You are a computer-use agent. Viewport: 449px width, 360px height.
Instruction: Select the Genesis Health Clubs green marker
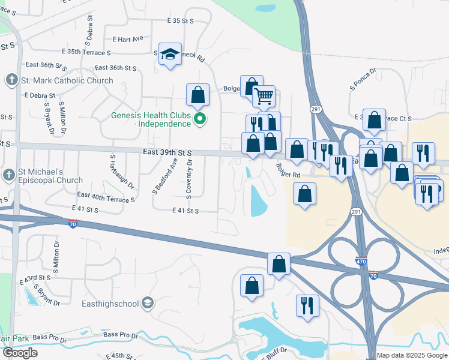(x=200, y=121)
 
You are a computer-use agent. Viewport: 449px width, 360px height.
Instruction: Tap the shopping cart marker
(x=264, y=95)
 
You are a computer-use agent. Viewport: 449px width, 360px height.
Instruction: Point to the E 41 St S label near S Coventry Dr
(x=185, y=211)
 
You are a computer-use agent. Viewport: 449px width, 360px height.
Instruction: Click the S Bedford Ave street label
(x=174, y=176)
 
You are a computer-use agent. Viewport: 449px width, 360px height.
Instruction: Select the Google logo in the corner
(x=20, y=353)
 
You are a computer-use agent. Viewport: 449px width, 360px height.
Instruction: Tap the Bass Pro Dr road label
(x=120, y=334)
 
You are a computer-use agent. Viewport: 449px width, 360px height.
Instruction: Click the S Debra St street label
(x=89, y=23)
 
